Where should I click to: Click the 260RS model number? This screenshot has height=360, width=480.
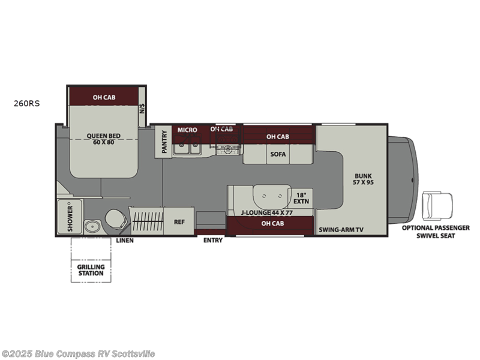pos(26,103)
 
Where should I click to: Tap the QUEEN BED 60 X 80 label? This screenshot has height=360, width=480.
pos(103,139)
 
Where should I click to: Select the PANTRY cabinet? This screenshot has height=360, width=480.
pos(163,142)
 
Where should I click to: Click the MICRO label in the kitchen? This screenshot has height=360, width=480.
pos(187,130)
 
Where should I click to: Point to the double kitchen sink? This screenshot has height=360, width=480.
pos(187,149)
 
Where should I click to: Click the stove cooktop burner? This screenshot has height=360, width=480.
pos(227,149)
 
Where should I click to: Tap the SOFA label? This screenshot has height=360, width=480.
pos(278,154)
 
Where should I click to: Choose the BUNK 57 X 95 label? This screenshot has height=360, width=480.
pos(364,179)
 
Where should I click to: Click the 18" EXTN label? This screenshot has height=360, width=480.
pos(301,198)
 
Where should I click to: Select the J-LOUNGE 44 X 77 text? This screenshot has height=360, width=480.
pos(266,212)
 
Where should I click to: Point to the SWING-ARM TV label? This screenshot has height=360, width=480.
pos(341,230)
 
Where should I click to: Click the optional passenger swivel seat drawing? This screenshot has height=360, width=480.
pos(437,206)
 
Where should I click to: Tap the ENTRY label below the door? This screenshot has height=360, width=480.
pos(213,241)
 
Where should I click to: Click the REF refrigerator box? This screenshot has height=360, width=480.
pos(179,221)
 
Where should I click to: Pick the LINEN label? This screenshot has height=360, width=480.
pos(125,241)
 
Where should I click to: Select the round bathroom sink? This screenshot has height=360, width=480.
pos(91,227)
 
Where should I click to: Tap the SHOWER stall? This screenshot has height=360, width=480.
pos(70,217)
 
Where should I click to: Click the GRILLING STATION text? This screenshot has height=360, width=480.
pos(91,270)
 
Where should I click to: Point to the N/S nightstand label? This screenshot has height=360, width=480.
pos(142,108)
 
